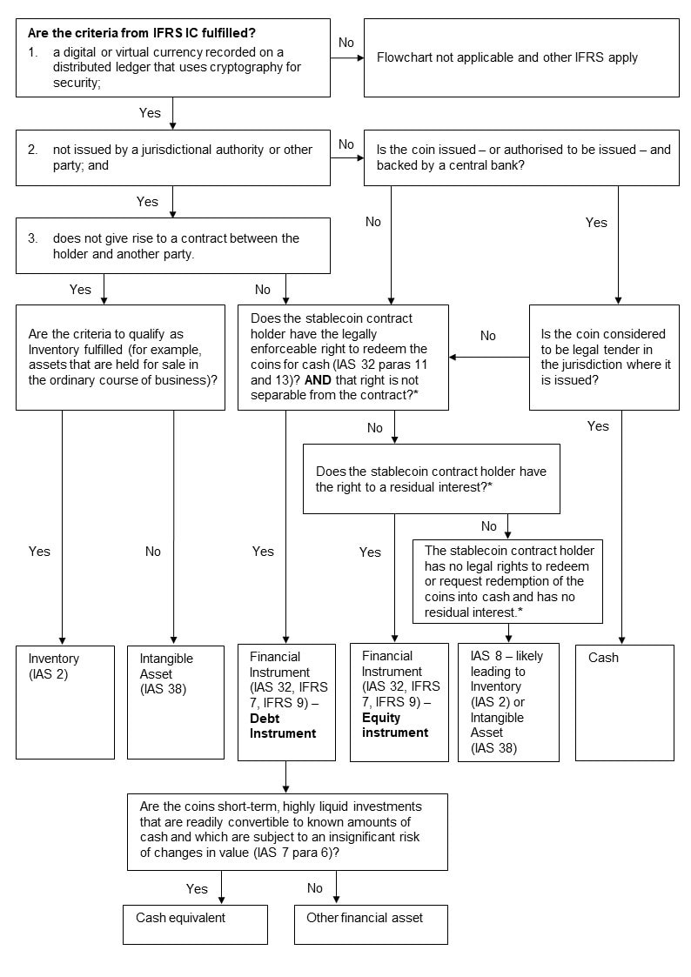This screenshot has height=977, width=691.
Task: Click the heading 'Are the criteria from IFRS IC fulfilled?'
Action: click(x=141, y=34)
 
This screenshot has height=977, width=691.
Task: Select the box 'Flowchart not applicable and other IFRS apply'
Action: click(x=520, y=57)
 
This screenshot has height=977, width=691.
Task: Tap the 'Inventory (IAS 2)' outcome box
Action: click(x=65, y=701)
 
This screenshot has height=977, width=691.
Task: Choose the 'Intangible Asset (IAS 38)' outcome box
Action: click(x=177, y=701)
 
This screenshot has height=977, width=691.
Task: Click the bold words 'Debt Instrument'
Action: click(x=283, y=726)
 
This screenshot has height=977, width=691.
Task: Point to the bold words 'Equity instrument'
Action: click(x=395, y=725)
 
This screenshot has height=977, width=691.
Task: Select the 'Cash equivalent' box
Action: click(x=195, y=924)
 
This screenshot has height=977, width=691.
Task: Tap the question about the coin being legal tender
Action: click(x=604, y=357)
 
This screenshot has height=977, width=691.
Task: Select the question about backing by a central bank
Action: click(x=520, y=157)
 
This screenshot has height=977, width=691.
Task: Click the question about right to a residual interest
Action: click(x=431, y=478)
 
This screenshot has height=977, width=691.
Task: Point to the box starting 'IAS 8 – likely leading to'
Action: click(x=508, y=702)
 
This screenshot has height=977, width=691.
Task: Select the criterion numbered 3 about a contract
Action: click(x=172, y=246)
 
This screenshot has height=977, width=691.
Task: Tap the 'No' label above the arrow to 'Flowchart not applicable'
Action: click(x=345, y=42)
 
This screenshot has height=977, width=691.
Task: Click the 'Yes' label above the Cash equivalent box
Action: click(x=197, y=888)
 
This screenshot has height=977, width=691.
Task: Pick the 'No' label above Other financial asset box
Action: click(x=314, y=888)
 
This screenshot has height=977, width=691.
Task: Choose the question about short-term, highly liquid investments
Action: click(x=287, y=831)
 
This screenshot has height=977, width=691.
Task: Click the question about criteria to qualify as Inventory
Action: click(x=120, y=357)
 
